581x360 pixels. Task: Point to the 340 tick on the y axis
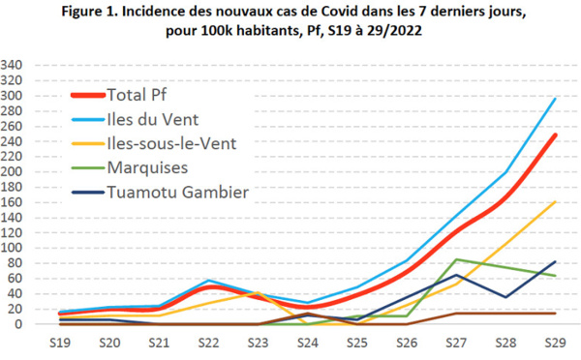[x=15, y=66]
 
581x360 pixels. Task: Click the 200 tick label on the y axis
[x=15, y=172]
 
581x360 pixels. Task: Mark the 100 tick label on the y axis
[x=15, y=248]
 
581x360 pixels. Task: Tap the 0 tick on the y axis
[x=21, y=324]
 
